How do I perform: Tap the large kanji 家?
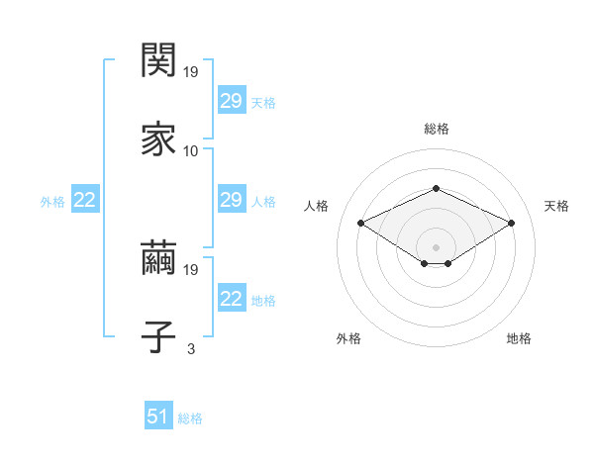click(158, 139)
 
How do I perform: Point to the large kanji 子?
click(158, 336)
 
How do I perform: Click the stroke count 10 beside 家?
click(191, 151)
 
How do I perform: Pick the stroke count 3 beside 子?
click(191, 348)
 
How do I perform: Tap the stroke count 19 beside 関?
click(192, 72)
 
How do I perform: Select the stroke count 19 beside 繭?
click(192, 269)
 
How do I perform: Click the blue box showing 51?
click(157, 418)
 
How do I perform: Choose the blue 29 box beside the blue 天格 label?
click(231, 101)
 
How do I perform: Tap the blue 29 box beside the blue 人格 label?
click(231, 201)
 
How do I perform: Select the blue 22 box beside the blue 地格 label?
click(231, 299)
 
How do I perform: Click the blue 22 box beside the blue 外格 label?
click(84, 201)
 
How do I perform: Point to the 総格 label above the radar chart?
click(436, 129)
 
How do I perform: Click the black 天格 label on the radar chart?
click(557, 206)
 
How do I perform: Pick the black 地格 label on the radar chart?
click(519, 338)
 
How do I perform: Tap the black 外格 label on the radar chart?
click(348, 338)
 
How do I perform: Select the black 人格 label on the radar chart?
click(316, 206)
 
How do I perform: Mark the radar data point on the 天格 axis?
click(511, 224)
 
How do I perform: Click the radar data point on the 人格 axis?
click(361, 224)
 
